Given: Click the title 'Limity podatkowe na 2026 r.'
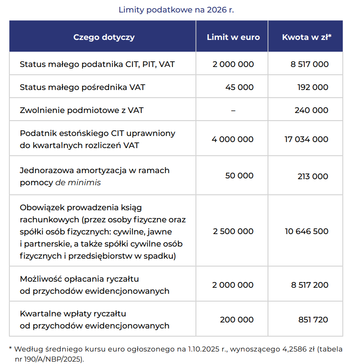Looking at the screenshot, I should [x=176, y=10].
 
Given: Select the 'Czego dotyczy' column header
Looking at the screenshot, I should [x=104, y=37].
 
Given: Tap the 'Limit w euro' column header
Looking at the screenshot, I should [x=233, y=37].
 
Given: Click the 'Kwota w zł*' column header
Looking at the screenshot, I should [x=307, y=37].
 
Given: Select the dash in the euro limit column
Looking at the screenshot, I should [x=233, y=110].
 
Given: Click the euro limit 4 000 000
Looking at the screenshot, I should [x=233, y=139].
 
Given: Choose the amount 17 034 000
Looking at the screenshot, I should [x=306, y=139].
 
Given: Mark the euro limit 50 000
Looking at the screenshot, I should [x=240, y=176].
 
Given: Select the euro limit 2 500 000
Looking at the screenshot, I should [x=233, y=231].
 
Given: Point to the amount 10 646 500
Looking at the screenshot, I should [x=307, y=231].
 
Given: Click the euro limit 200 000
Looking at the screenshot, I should [x=237, y=320].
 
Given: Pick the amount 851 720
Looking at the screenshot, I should [x=313, y=320].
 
